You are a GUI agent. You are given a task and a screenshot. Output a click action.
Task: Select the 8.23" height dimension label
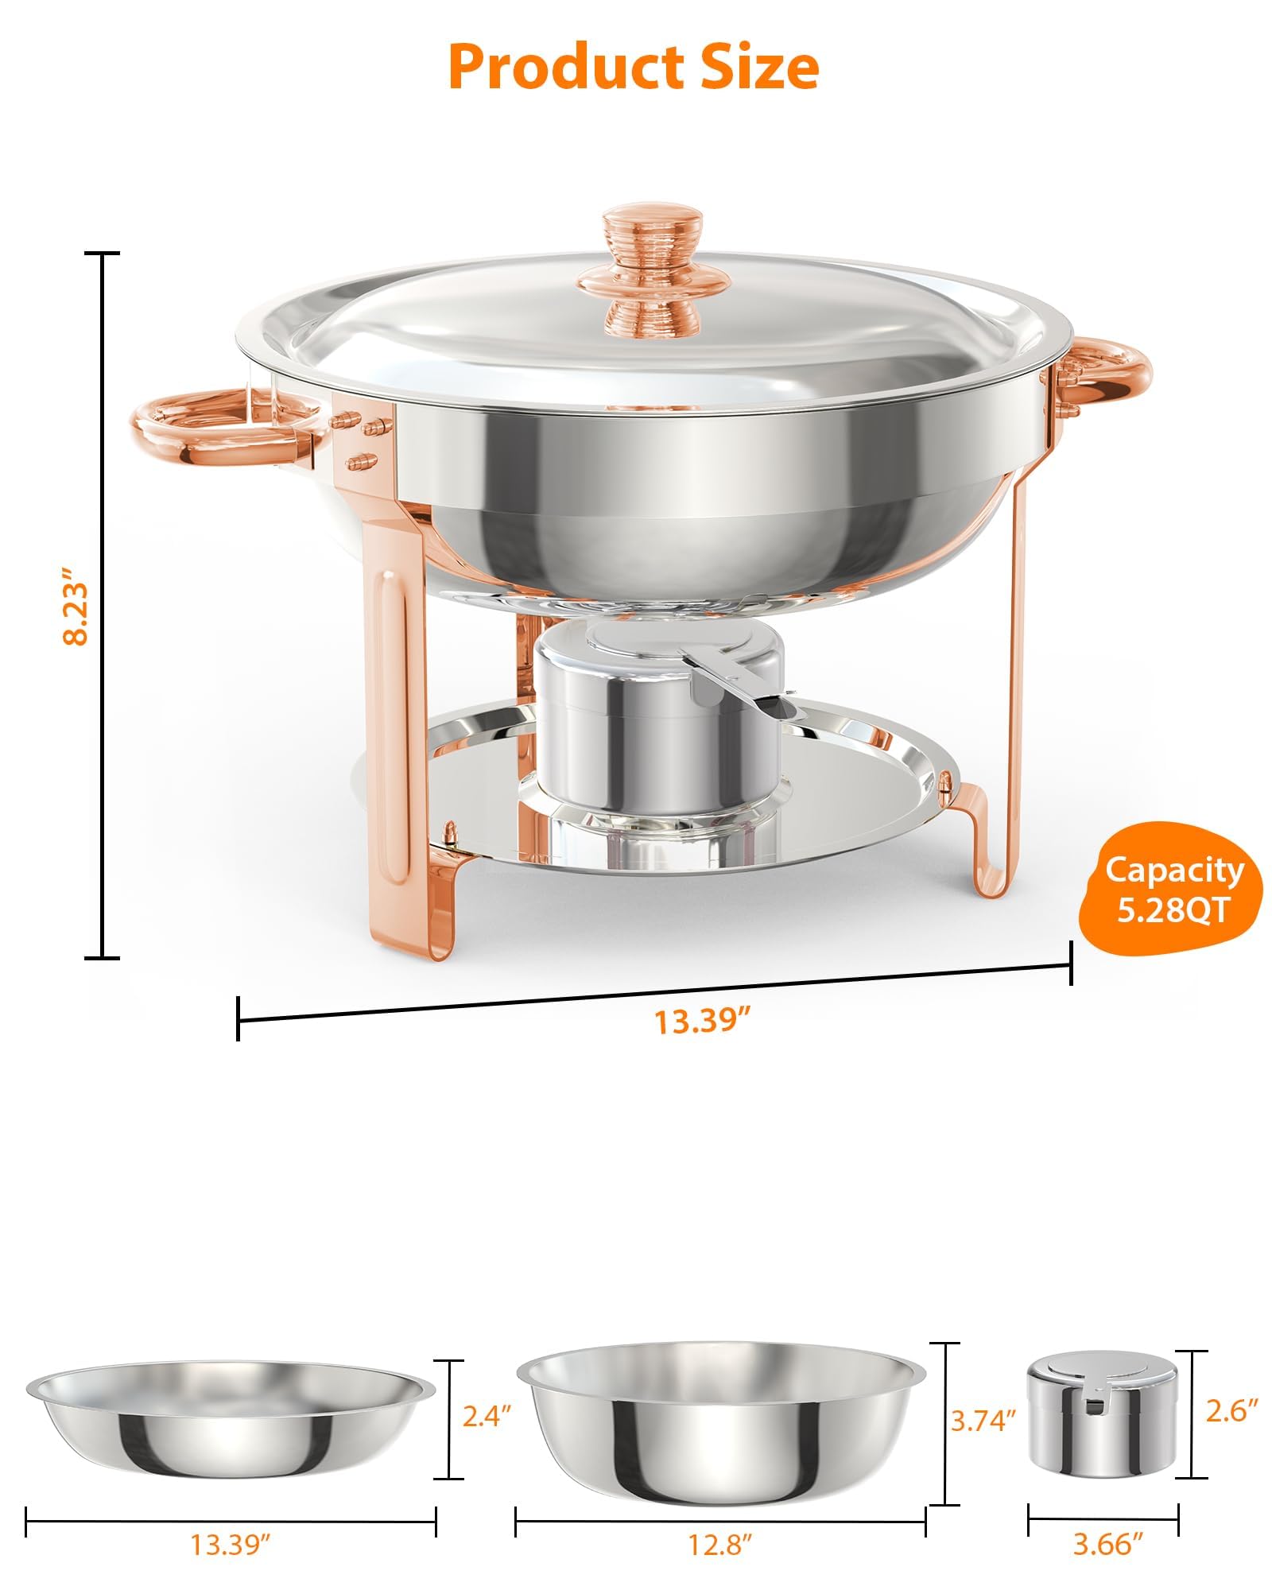pyautogui.click(x=77, y=606)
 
